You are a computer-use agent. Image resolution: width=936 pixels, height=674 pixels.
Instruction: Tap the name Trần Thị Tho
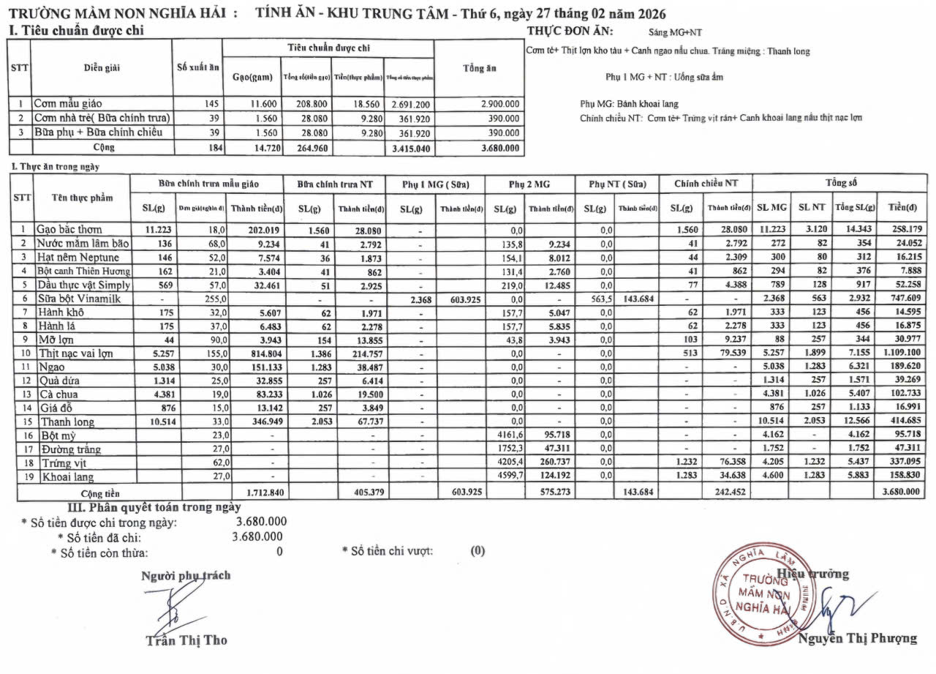click(186, 640)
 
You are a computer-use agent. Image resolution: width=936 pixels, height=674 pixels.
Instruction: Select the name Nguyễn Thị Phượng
click(857, 638)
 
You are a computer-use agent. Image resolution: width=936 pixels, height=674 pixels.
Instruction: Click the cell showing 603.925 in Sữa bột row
click(461, 298)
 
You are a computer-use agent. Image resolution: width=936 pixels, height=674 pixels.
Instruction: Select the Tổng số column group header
click(840, 181)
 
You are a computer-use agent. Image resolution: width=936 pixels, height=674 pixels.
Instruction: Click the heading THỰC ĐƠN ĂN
click(570, 31)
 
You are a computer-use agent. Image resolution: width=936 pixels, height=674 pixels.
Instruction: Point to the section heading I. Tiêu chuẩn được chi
click(75, 31)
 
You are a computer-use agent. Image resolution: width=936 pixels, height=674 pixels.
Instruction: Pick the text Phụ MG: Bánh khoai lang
click(629, 104)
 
